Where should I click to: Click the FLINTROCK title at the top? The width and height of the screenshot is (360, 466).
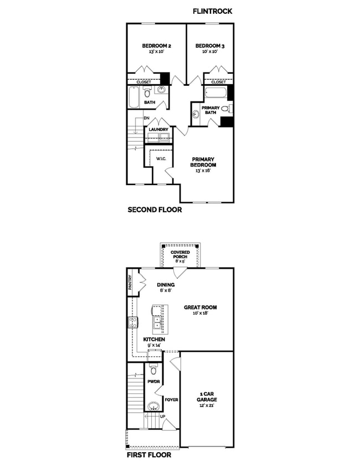(212, 11)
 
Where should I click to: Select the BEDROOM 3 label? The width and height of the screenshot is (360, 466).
(208, 46)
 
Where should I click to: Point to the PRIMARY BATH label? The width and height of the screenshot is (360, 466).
(210, 110)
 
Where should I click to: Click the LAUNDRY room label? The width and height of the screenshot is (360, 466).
(158, 130)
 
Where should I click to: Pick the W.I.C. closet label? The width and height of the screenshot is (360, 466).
(162, 159)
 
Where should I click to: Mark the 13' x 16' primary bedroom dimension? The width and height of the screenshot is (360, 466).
(203, 171)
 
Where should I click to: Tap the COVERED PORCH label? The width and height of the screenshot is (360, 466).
(179, 255)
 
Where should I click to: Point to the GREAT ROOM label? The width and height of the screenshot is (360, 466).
(200, 307)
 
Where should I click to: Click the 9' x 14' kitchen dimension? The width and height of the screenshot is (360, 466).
(153, 345)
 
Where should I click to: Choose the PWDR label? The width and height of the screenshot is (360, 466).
(153, 382)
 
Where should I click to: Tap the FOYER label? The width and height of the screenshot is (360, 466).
(171, 399)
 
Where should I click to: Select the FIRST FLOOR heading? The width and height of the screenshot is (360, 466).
(148, 455)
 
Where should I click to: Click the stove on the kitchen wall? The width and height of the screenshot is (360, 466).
(133, 322)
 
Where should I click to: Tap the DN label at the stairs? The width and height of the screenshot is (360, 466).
(147, 118)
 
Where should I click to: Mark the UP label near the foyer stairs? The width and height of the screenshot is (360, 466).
(162, 416)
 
